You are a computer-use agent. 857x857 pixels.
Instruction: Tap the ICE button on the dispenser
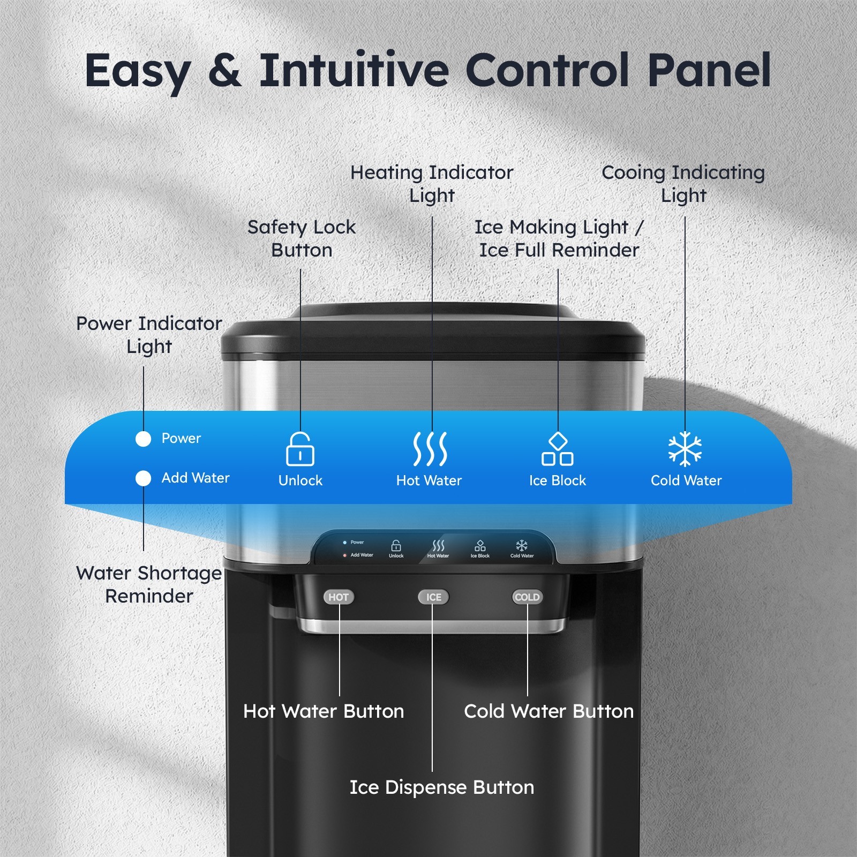433,597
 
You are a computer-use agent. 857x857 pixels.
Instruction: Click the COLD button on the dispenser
527,597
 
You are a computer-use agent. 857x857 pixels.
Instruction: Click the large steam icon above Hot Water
430,449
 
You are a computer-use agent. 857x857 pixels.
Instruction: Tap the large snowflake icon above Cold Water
685,449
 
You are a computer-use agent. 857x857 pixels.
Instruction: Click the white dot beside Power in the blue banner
143,439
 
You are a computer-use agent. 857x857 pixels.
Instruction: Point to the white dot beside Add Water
143,478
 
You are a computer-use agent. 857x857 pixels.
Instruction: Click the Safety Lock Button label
302,238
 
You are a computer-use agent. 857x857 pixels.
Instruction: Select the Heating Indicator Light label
432,184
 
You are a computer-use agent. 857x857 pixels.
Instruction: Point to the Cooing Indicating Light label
683,184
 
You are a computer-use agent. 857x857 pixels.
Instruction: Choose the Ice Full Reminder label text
559,250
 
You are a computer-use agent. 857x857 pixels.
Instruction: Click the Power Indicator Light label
149,335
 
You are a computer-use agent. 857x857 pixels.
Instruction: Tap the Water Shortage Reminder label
149,584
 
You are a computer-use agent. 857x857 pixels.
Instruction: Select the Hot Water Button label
324,711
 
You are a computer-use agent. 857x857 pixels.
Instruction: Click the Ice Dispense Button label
442,787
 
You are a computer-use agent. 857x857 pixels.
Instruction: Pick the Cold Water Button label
548,711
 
